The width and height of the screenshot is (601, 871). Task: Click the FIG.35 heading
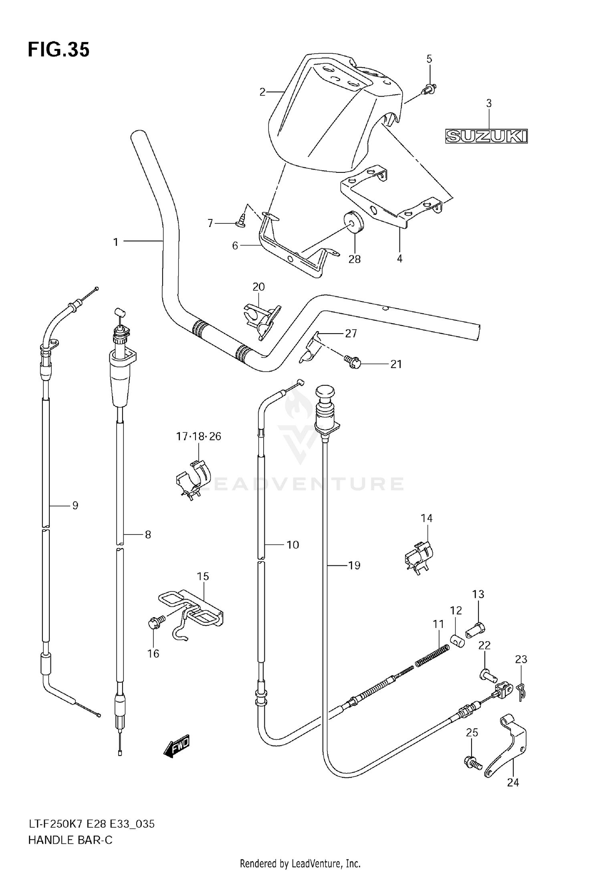coord(58,50)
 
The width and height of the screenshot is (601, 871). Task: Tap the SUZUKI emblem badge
coord(486,136)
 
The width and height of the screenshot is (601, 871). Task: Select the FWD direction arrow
coord(177,746)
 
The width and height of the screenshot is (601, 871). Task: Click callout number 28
coord(354,259)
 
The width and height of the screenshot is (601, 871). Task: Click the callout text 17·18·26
coord(199,436)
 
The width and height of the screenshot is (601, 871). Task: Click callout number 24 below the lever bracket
coord(513,782)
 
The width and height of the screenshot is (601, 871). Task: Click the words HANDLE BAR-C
coord(70,840)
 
